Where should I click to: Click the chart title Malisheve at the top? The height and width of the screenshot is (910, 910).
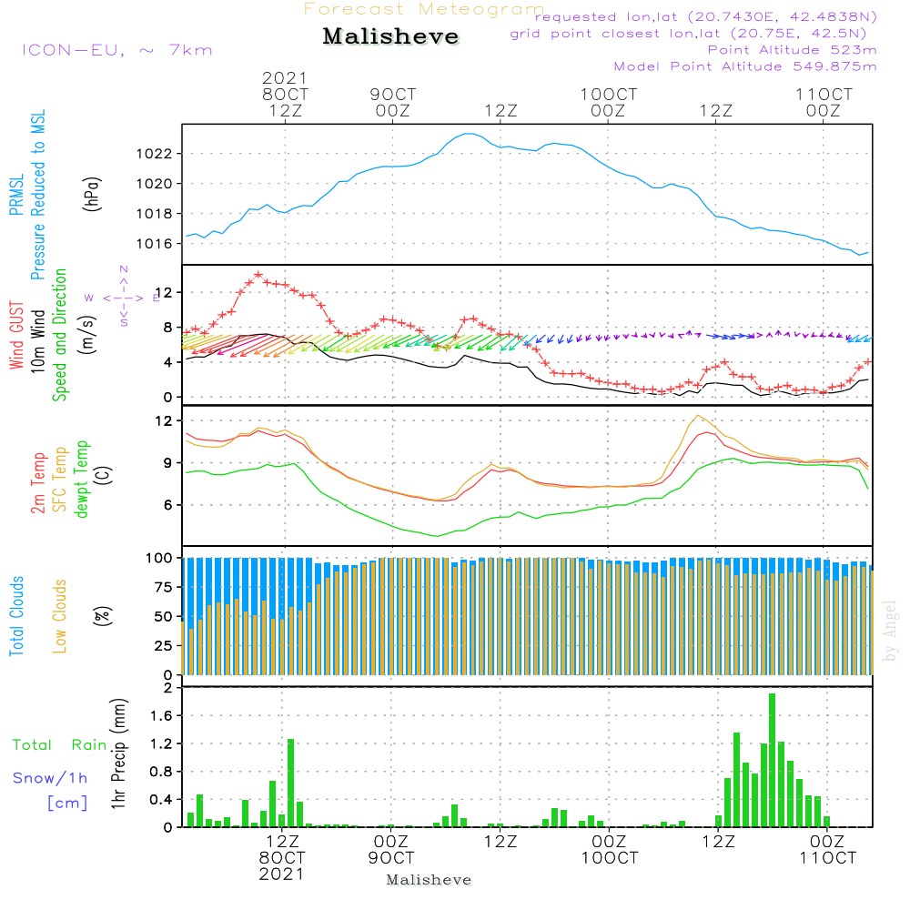[391, 37]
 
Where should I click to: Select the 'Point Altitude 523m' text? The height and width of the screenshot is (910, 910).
[792, 50]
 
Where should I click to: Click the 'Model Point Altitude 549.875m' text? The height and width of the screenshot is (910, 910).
[745, 66]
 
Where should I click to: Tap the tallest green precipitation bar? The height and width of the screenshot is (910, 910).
[772, 760]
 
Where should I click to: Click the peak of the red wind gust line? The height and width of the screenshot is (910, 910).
[258, 274]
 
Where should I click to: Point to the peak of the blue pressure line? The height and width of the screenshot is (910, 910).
[468, 134]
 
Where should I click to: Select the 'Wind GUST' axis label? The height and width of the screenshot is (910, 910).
[16, 336]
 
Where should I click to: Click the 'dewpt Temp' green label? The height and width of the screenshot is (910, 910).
[82, 480]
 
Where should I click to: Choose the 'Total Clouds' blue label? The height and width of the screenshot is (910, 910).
[16, 616]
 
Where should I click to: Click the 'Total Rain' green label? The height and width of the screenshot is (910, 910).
[59, 745]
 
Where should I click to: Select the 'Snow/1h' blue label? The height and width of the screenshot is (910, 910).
[50, 779]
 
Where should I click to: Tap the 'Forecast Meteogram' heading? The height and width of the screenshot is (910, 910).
[424, 9]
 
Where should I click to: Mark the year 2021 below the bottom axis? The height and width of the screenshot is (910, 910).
[282, 874]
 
